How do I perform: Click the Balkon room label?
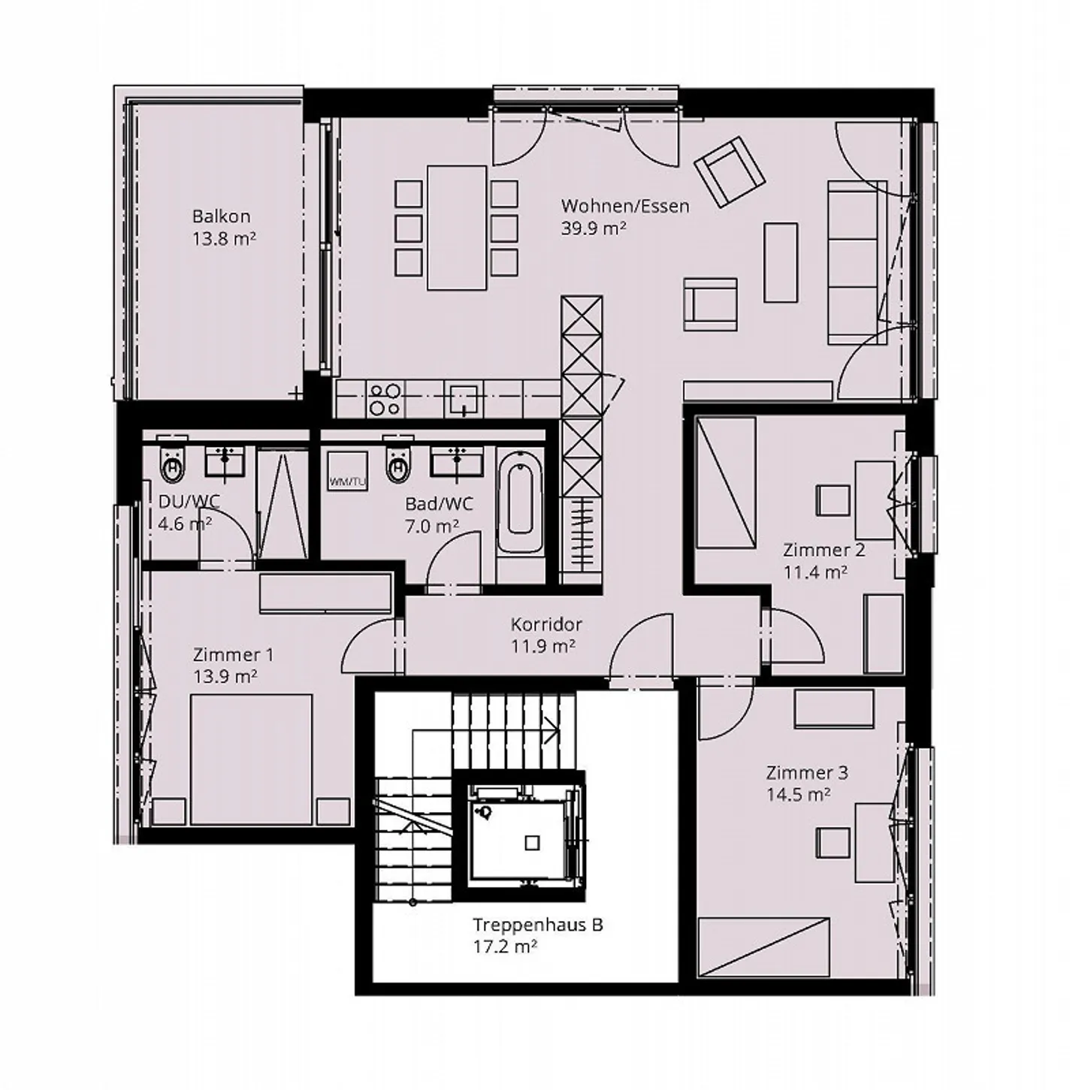tap(221, 216)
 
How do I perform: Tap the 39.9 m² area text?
tap(594, 229)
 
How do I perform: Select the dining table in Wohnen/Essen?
tap(456, 228)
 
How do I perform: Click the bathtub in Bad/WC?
tap(520, 493)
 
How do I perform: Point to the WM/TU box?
tap(347, 472)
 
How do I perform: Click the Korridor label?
tap(546, 624)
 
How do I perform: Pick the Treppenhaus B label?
tap(537, 925)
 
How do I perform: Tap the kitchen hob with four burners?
tap(385, 399)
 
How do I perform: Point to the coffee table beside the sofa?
tap(781, 262)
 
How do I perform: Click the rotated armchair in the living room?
tap(729, 172)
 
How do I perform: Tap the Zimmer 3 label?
tap(807, 772)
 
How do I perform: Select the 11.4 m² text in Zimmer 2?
tap(815, 572)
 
